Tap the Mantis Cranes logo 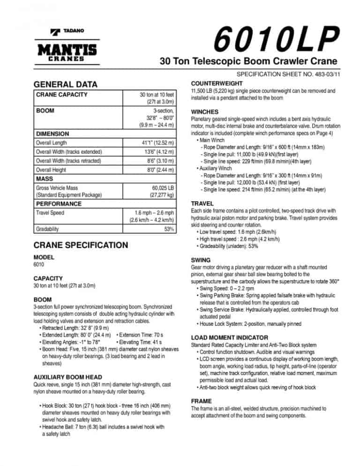[67, 52]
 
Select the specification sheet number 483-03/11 [289, 75]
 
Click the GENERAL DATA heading [66, 84]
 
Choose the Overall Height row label [51, 170]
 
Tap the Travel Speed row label [51, 213]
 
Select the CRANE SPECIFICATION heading [81, 245]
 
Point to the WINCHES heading [205, 112]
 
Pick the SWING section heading [201, 260]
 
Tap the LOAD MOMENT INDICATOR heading [229, 338]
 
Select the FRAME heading [201, 401]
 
